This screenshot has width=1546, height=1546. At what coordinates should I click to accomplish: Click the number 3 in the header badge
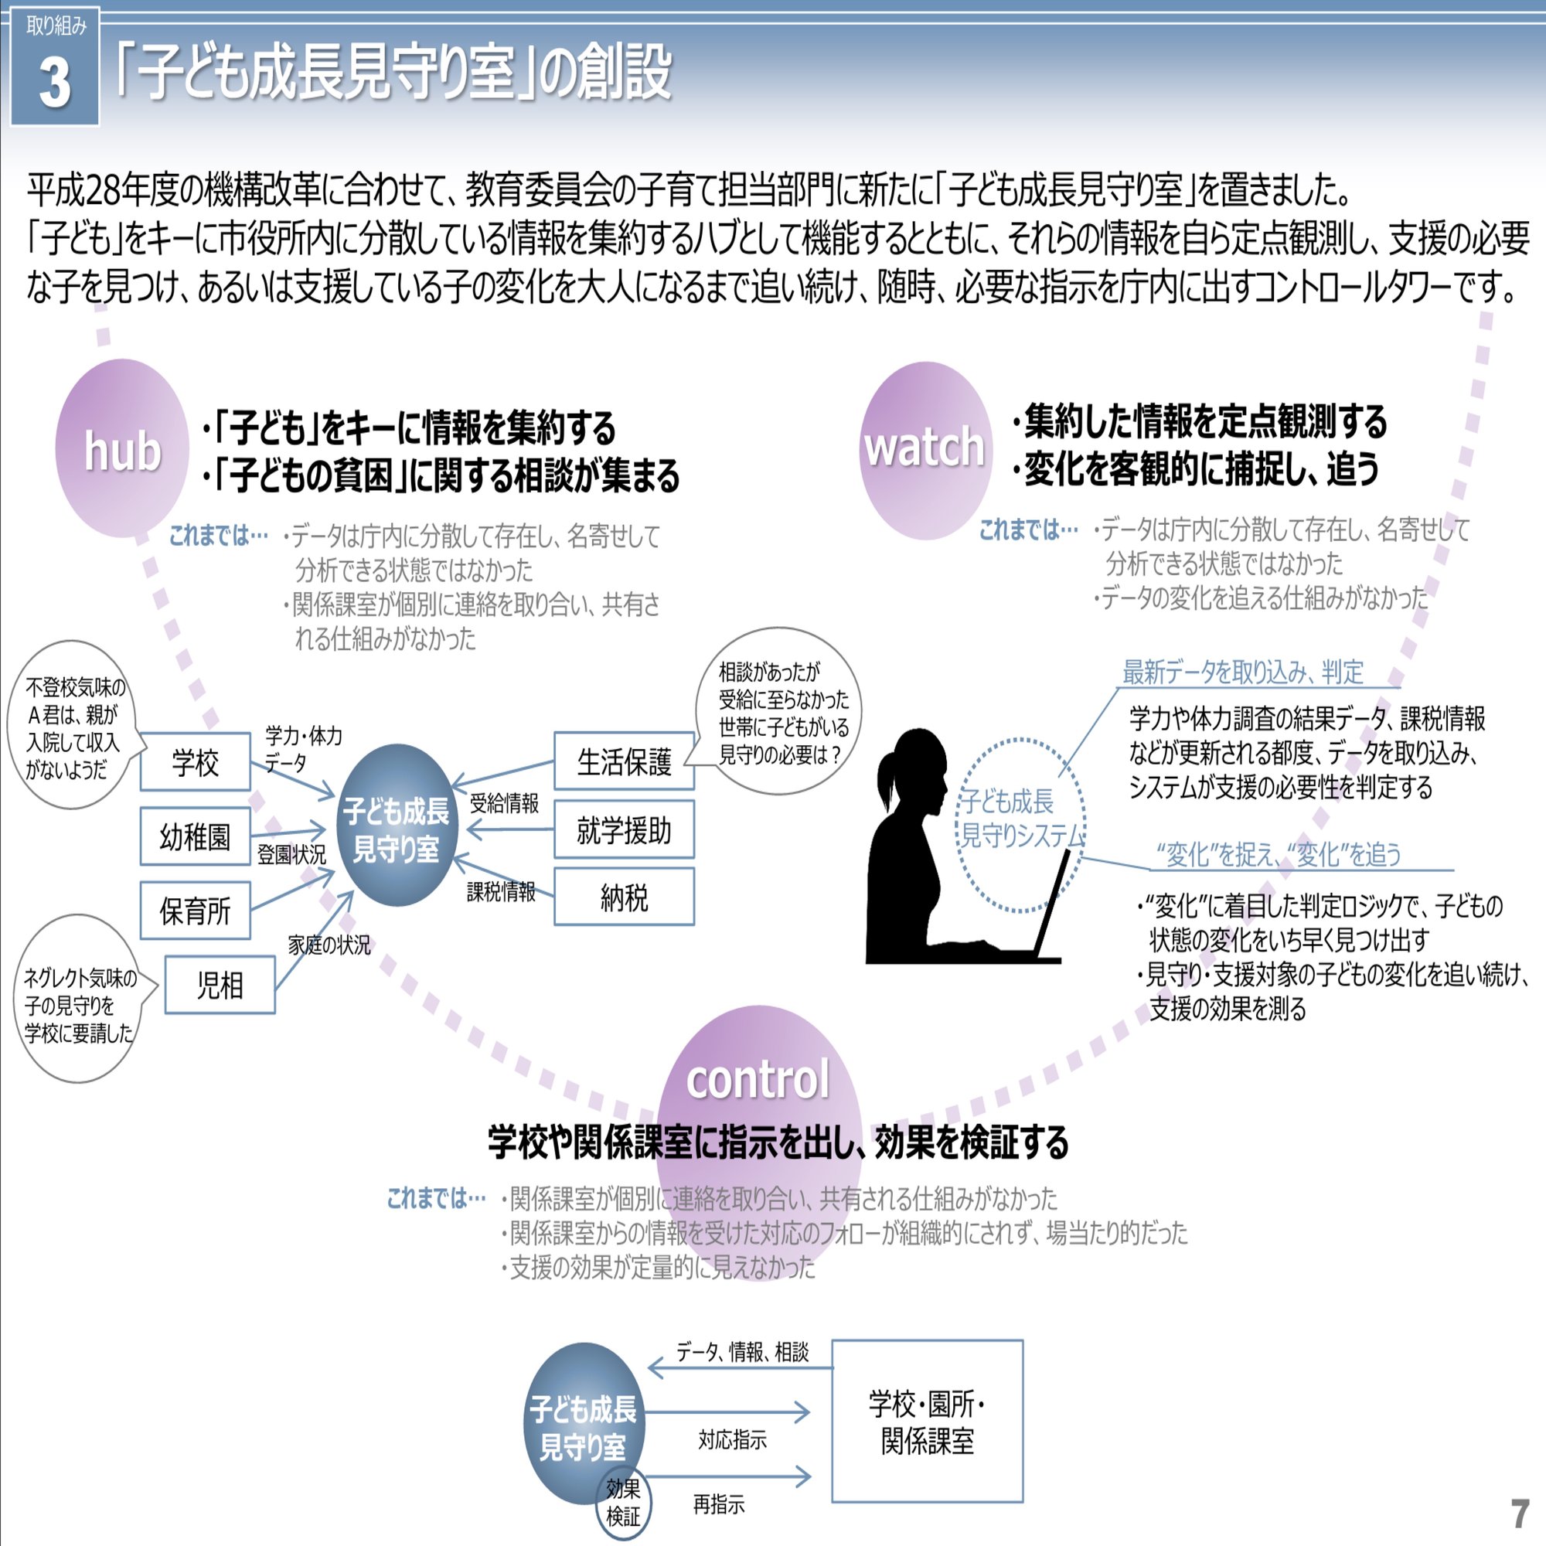click(54, 82)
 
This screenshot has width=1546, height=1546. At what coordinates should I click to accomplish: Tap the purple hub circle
click(121, 449)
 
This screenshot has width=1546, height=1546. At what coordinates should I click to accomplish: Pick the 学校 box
click(196, 762)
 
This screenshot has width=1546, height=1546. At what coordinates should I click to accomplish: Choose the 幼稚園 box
click(196, 836)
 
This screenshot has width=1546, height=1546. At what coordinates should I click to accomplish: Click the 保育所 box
click(196, 911)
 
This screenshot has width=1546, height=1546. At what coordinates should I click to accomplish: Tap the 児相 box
click(220, 985)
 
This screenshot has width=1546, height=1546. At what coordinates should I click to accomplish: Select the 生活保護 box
click(624, 761)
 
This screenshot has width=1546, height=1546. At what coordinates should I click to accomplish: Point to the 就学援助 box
click(624, 829)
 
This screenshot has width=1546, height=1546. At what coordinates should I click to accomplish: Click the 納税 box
click(624, 897)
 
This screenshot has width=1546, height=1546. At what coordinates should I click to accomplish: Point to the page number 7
click(1519, 1514)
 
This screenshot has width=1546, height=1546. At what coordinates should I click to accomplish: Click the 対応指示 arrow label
click(731, 1440)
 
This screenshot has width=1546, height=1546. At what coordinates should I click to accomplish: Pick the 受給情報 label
click(504, 802)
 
